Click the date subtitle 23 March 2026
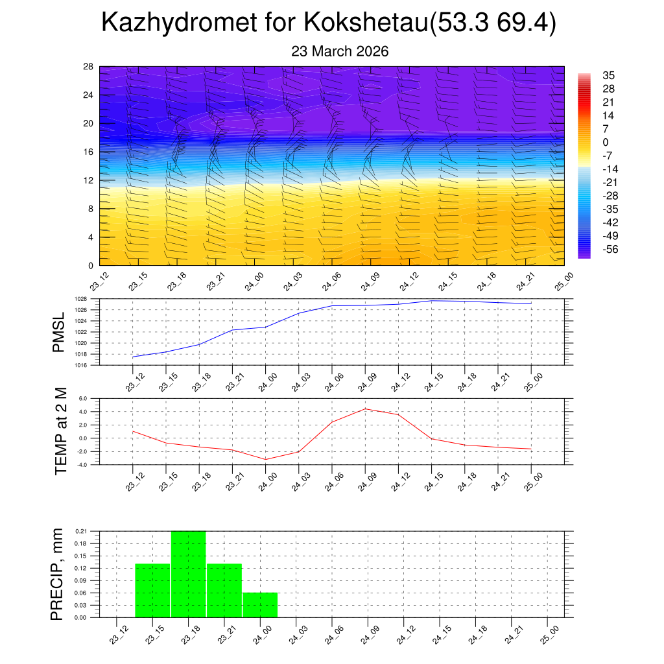pyautogui.click(x=340, y=51)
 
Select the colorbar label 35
pyautogui.click(x=608, y=75)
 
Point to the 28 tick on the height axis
pyautogui.click(x=89, y=67)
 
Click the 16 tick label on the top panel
pyautogui.click(x=89, y=152)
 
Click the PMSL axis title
pyautogui.click(x=59, y=331)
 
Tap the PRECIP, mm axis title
pyautogui.click(x=58, y=574)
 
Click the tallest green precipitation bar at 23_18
pyautogui.click(x=189, y=574)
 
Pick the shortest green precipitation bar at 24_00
pyautogui.click(x=261, y=605)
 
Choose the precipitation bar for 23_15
pyautogui.click(x=153, y=590)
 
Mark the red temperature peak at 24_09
pyautogui.click(x=365, y=409)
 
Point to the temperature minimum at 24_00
pyautogui.click(x=265, y=459)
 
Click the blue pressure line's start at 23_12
pyautogui.click(x=133, y=357)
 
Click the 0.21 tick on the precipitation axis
pyautogui.click(x=80, y=531)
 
